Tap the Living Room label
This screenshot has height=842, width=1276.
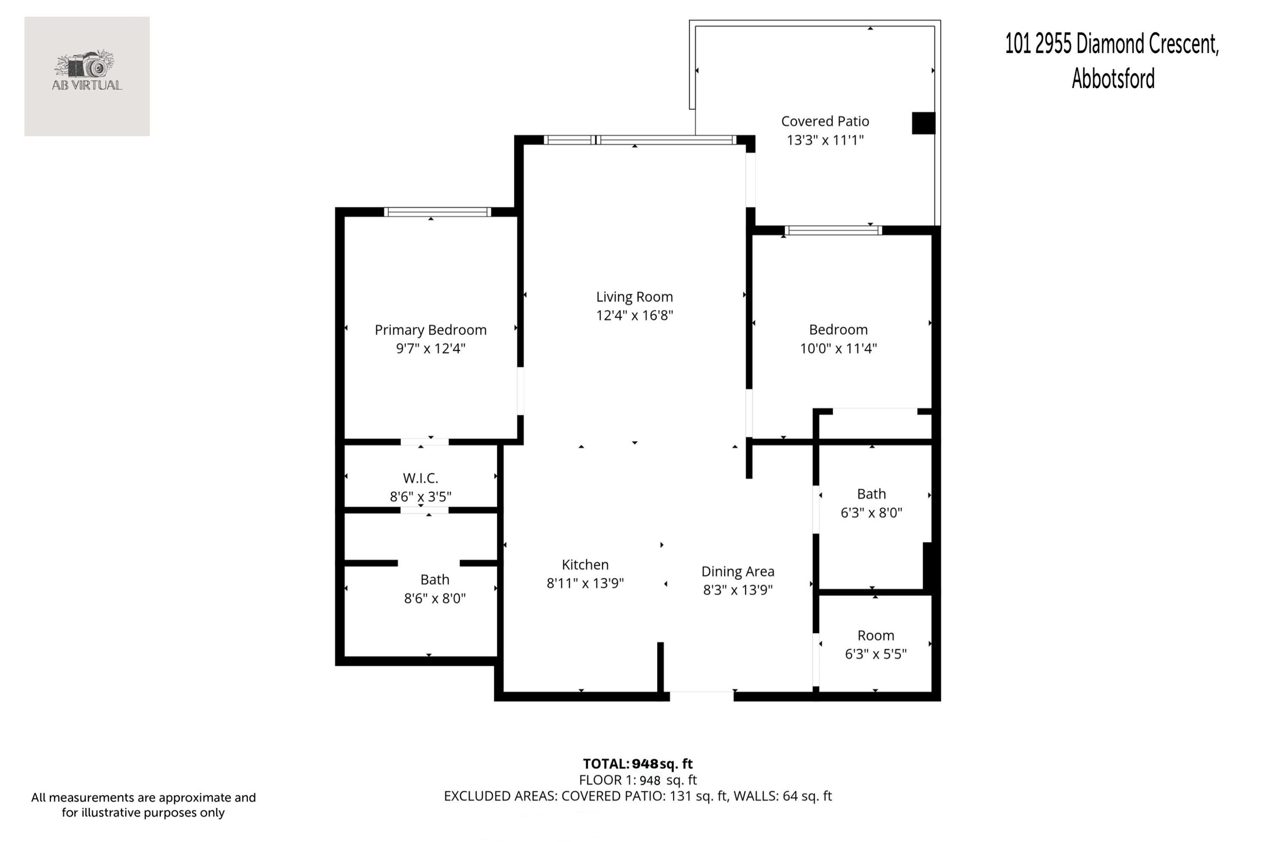(634, 297)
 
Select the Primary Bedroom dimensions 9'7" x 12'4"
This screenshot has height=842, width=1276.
(430, 348)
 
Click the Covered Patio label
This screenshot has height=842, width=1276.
(825, 121)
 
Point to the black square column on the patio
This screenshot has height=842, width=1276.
(923, 123)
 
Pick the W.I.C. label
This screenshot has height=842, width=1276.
(420, 478)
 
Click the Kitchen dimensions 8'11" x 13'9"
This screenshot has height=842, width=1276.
(584, 583)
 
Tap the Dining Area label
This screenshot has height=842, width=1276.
(738, 571)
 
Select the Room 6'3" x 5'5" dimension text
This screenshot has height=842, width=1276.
(875, 654)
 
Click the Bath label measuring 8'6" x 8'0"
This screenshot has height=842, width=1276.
(434, 579)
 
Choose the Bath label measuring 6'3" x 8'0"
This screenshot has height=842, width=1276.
(871, 494)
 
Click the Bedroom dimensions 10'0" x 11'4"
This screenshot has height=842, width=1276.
(838, 348)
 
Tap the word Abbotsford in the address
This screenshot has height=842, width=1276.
(1113, 79)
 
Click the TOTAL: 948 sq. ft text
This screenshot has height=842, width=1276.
(637, 764)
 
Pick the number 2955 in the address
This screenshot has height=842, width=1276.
(1053, 44)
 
